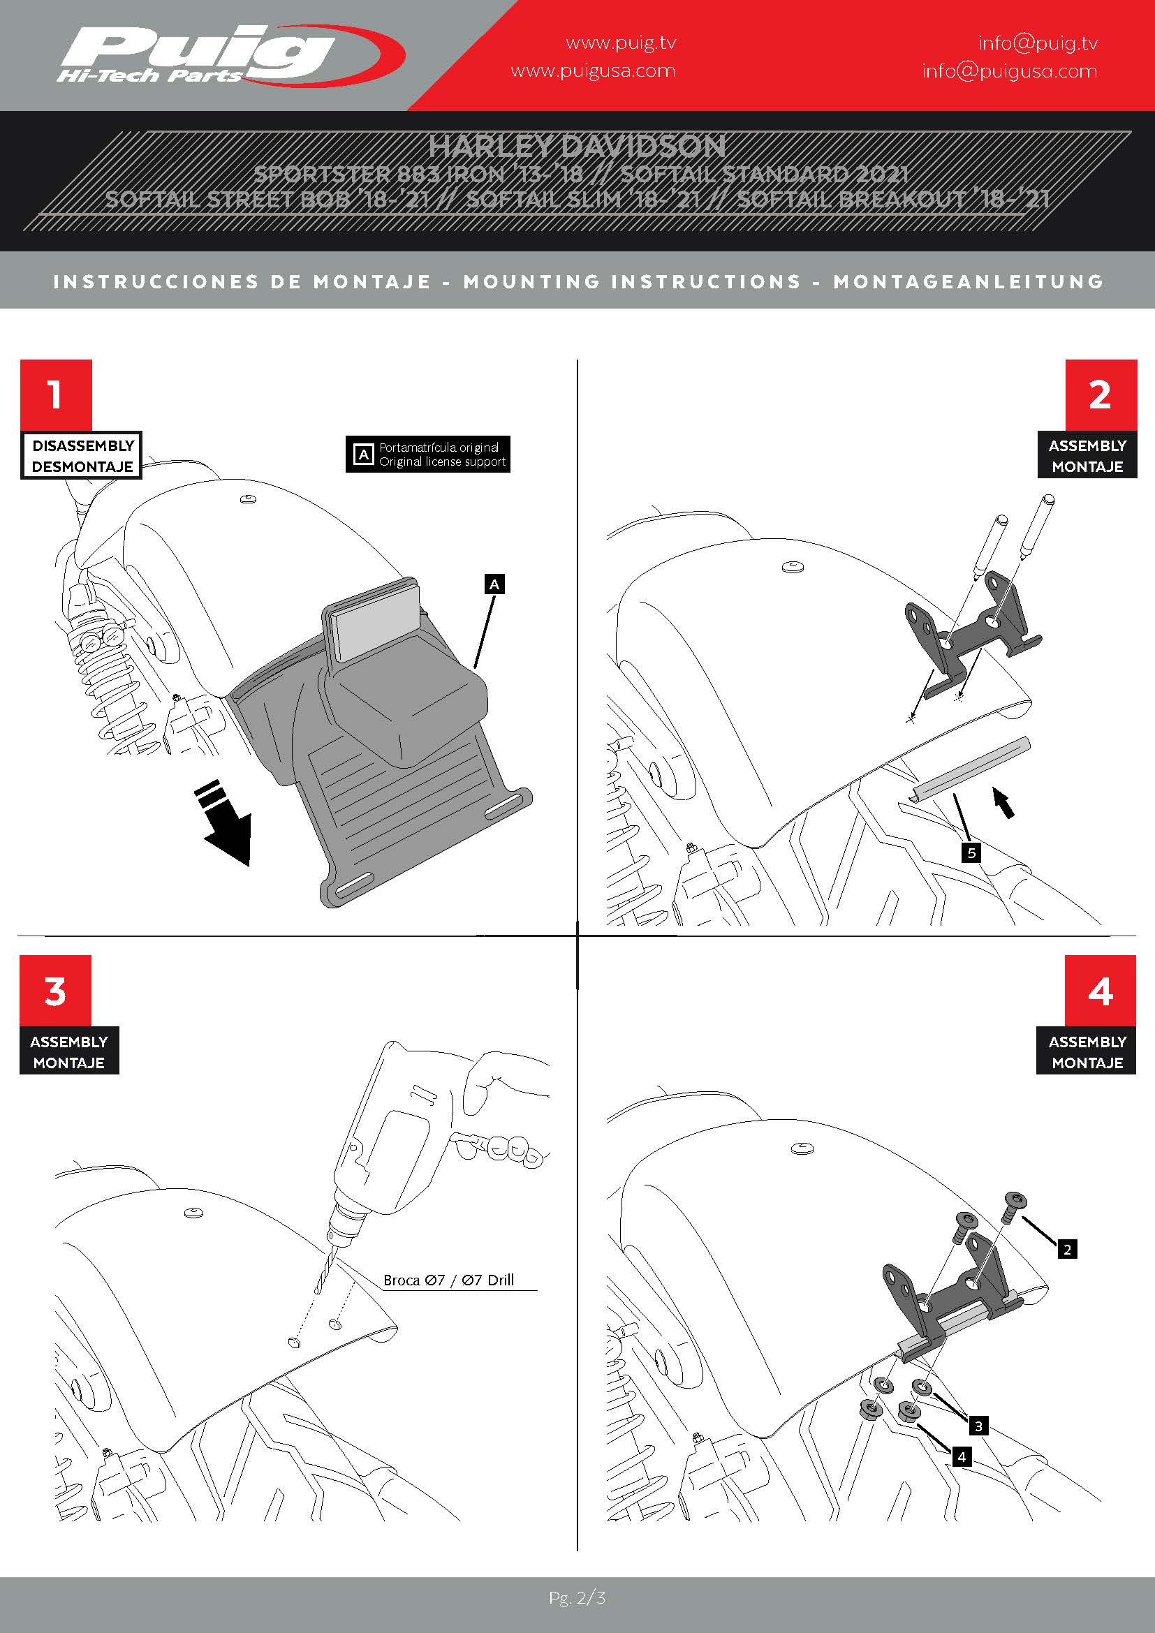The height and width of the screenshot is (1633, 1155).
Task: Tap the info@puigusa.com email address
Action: tap(1009, 71)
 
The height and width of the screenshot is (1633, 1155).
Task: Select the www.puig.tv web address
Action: tap(621, 43)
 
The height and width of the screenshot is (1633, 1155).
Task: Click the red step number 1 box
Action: tap(55, 394)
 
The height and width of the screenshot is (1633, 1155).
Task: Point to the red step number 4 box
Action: tap(1101, 991)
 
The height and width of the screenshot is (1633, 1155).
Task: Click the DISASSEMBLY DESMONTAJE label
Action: tap(82, 455)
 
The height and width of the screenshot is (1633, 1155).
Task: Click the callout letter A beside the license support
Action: tap(494, 584)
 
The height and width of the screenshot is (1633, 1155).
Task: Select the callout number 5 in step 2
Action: tap(971, 852)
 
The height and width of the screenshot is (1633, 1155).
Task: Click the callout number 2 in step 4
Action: tap(1067, 1249)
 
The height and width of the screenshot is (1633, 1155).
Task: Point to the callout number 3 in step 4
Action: tap(978, 1426)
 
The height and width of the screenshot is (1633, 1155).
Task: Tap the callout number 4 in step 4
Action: tap(962, 1456)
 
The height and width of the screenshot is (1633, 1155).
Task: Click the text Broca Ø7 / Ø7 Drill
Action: tap(449, 1280)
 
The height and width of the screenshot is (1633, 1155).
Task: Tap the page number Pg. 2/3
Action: tap(577, 1597)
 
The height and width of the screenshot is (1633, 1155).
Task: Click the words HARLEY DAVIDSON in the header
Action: tap(577, 147)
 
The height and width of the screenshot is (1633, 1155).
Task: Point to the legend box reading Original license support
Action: tap(428, 454)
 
